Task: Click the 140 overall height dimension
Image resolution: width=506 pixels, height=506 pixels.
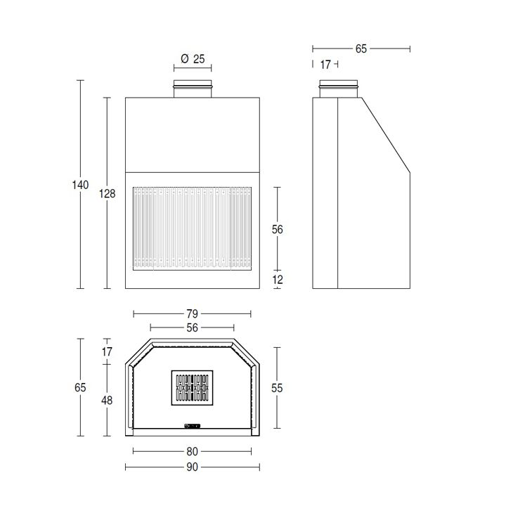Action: [x=80, y=185]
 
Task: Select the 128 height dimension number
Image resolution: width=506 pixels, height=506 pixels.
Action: [x=107, y=194]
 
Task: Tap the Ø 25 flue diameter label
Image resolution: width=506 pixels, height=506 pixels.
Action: [x=193, y=59]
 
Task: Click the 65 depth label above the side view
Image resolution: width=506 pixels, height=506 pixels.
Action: [x=361, y=48]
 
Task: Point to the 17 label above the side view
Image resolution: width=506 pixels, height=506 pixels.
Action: [x=325, y=65]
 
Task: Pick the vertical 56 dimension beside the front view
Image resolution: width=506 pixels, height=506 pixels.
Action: [x=277, y=229]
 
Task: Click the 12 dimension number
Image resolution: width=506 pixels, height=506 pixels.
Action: [x=277, y=280]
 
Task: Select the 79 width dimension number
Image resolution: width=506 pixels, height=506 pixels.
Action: [x=192, y=313]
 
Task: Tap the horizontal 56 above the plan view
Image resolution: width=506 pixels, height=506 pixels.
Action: [x=192, y=328]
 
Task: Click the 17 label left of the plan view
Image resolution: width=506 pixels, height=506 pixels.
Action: [x=107, y=352]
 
